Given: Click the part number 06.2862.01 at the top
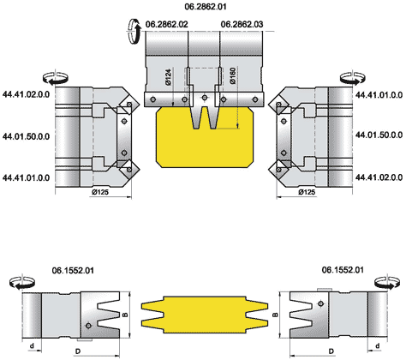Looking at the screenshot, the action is click(x=206, y=7).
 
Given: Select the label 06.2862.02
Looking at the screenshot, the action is click(x=167, y=24).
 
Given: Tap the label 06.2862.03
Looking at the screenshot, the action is click(x=242, y=24).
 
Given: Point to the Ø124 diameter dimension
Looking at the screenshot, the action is click(x=169, y=77).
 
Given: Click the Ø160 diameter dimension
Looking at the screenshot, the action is click(x=233, y=75).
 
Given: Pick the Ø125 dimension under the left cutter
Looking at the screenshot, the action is click(x=100, y=192).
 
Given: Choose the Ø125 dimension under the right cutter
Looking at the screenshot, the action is click(x=307, y=192).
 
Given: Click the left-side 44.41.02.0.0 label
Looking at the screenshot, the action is click(x=27, y=94).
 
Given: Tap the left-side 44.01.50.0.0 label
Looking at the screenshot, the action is click(x=27, y=136).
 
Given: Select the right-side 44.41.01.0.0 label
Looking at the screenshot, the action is click(x=379, y=94).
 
